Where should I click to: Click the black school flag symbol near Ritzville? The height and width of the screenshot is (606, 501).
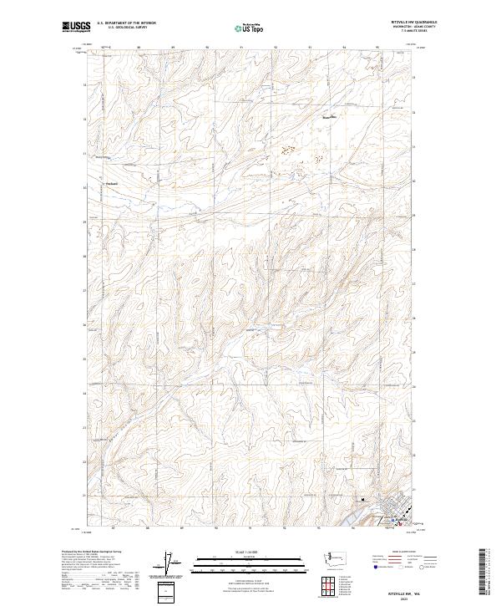(x=362, y=501)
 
